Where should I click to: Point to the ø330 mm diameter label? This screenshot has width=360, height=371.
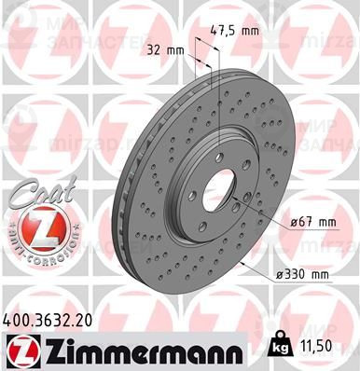pos(304,275)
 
